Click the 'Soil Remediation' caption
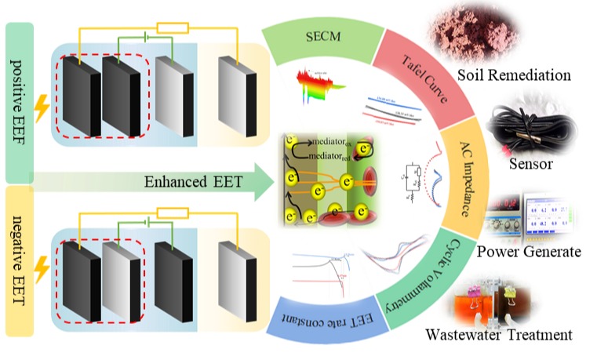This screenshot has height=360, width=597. tap(514, 76)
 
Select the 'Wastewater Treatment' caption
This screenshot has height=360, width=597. tap(499, 336)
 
